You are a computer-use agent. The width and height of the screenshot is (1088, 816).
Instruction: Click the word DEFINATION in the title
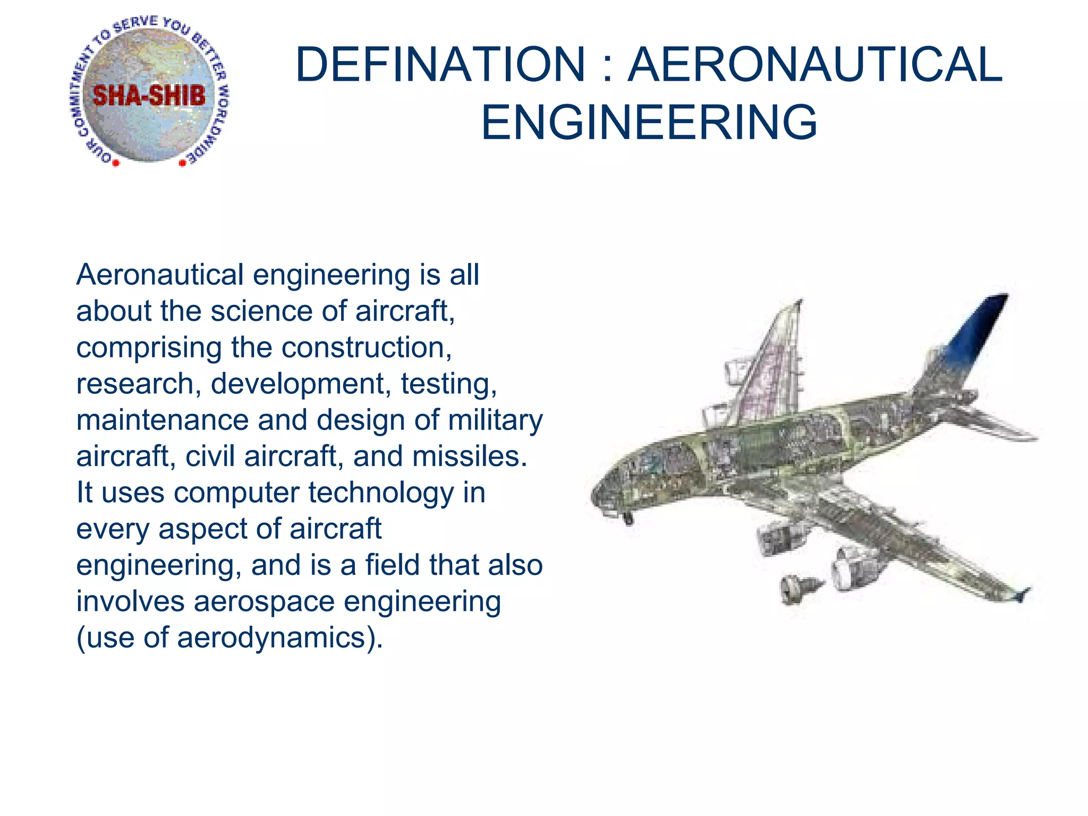pos(440,65)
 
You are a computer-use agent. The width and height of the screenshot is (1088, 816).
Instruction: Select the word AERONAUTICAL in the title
pos(815,65)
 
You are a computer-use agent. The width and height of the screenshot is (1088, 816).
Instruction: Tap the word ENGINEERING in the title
pos(649,123)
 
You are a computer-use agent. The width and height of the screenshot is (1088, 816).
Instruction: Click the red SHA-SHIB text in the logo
pos(149,96)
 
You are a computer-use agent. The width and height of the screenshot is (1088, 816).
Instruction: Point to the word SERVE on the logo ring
pos(136,24)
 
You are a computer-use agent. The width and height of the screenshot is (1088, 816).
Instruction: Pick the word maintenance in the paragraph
pos(162,420)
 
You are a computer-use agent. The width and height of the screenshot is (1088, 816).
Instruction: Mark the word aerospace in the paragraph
pos(264,601)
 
